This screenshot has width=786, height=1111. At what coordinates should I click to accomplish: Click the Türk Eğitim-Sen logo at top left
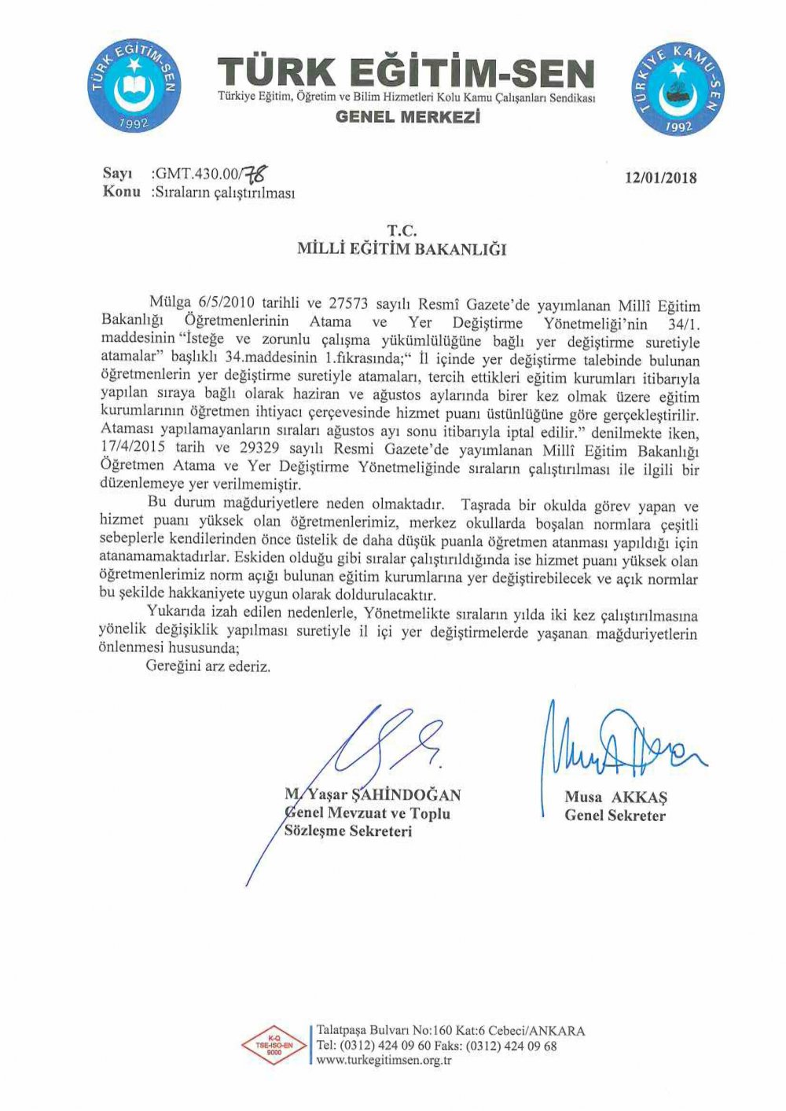(x=134, y=86)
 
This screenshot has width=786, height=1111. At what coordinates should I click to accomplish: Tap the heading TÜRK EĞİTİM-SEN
(x=406, y=75)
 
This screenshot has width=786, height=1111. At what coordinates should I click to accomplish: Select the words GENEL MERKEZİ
(x=407, y=117)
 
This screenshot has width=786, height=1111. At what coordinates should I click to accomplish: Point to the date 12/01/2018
(x=660, y=178)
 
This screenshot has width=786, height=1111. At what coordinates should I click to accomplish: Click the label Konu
(x=122, y=192)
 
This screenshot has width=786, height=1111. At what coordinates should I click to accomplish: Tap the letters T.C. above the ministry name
(x=401, y=231)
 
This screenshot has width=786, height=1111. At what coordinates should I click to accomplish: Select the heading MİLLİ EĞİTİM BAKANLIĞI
(x=402, y=250)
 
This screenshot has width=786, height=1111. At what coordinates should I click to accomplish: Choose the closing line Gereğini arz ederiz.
(x=208, y=666)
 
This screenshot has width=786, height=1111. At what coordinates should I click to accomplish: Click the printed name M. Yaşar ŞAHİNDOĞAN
(x=373, y=795)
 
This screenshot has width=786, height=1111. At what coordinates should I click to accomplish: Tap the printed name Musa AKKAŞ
(x=615, y=797)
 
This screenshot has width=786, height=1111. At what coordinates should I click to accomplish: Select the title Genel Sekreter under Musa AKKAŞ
(x=615, y=816)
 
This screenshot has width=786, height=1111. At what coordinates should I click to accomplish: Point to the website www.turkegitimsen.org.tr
(x=383, y=1061)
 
